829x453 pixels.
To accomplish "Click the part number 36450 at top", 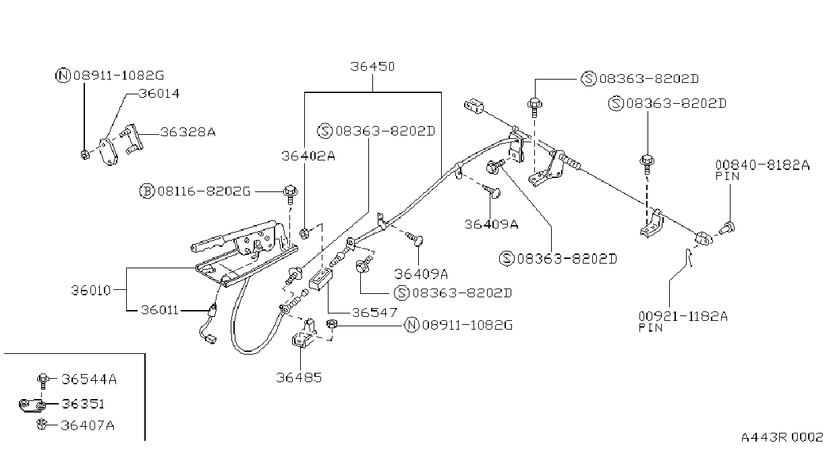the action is [x=372, y=67].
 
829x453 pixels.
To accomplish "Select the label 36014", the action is [x=159, y=94].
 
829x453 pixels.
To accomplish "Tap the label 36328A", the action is [x=188, y=132].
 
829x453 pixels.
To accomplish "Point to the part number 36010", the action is [x=91, y=291].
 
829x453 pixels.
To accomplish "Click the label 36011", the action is [x=160, y=310].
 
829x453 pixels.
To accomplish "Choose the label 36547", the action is [x=374, y=313].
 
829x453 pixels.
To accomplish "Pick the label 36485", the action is [x=299, y=378].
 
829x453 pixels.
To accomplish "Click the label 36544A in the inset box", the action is [x=89, y=380].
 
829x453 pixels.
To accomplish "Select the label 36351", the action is [x=83, y=404].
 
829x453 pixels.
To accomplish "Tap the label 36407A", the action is [x=88, y=425].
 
